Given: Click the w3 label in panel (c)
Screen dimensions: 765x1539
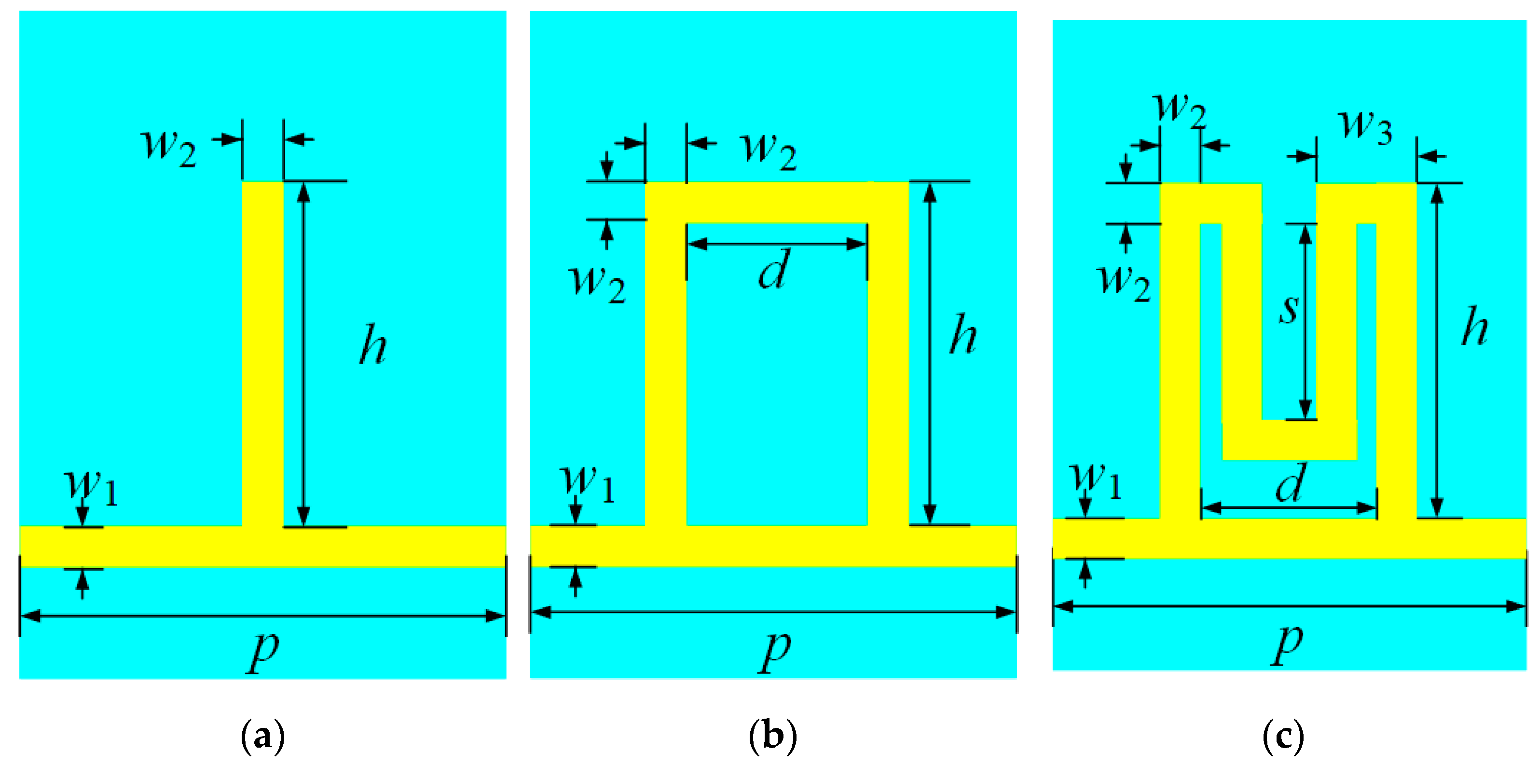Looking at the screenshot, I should (1366, 125).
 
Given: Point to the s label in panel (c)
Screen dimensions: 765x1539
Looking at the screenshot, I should (1289, 308).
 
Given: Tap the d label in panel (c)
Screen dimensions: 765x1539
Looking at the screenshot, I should (1291, 482).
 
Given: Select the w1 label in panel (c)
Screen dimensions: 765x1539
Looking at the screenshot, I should (1096, 479).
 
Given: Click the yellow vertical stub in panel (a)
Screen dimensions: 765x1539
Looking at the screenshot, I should (263, 352).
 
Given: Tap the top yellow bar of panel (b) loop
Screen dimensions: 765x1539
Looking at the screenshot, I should (777, 202).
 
